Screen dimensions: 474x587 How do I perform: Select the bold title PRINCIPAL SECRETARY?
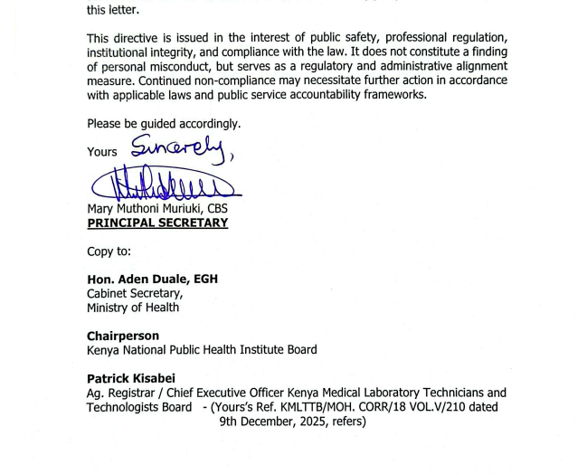click(157, 223)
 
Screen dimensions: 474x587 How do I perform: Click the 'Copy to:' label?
click(109, 251)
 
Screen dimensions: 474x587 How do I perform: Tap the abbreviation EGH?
click(204, 279)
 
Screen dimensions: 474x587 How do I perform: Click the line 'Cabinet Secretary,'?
click(135, 293)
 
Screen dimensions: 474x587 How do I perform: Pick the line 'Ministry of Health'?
click(133, 308)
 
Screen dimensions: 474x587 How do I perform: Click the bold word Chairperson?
click(123, 336)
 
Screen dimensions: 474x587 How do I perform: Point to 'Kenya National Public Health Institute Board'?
click(202, 350)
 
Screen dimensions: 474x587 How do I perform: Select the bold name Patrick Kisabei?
click(131, 378)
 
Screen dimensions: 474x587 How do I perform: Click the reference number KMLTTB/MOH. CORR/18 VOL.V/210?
click(371, 407)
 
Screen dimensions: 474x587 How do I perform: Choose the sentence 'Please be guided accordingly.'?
click(164, 123)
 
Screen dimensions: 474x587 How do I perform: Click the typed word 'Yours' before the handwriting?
click(102, 152)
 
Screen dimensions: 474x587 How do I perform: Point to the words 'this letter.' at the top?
click(113, 11)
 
